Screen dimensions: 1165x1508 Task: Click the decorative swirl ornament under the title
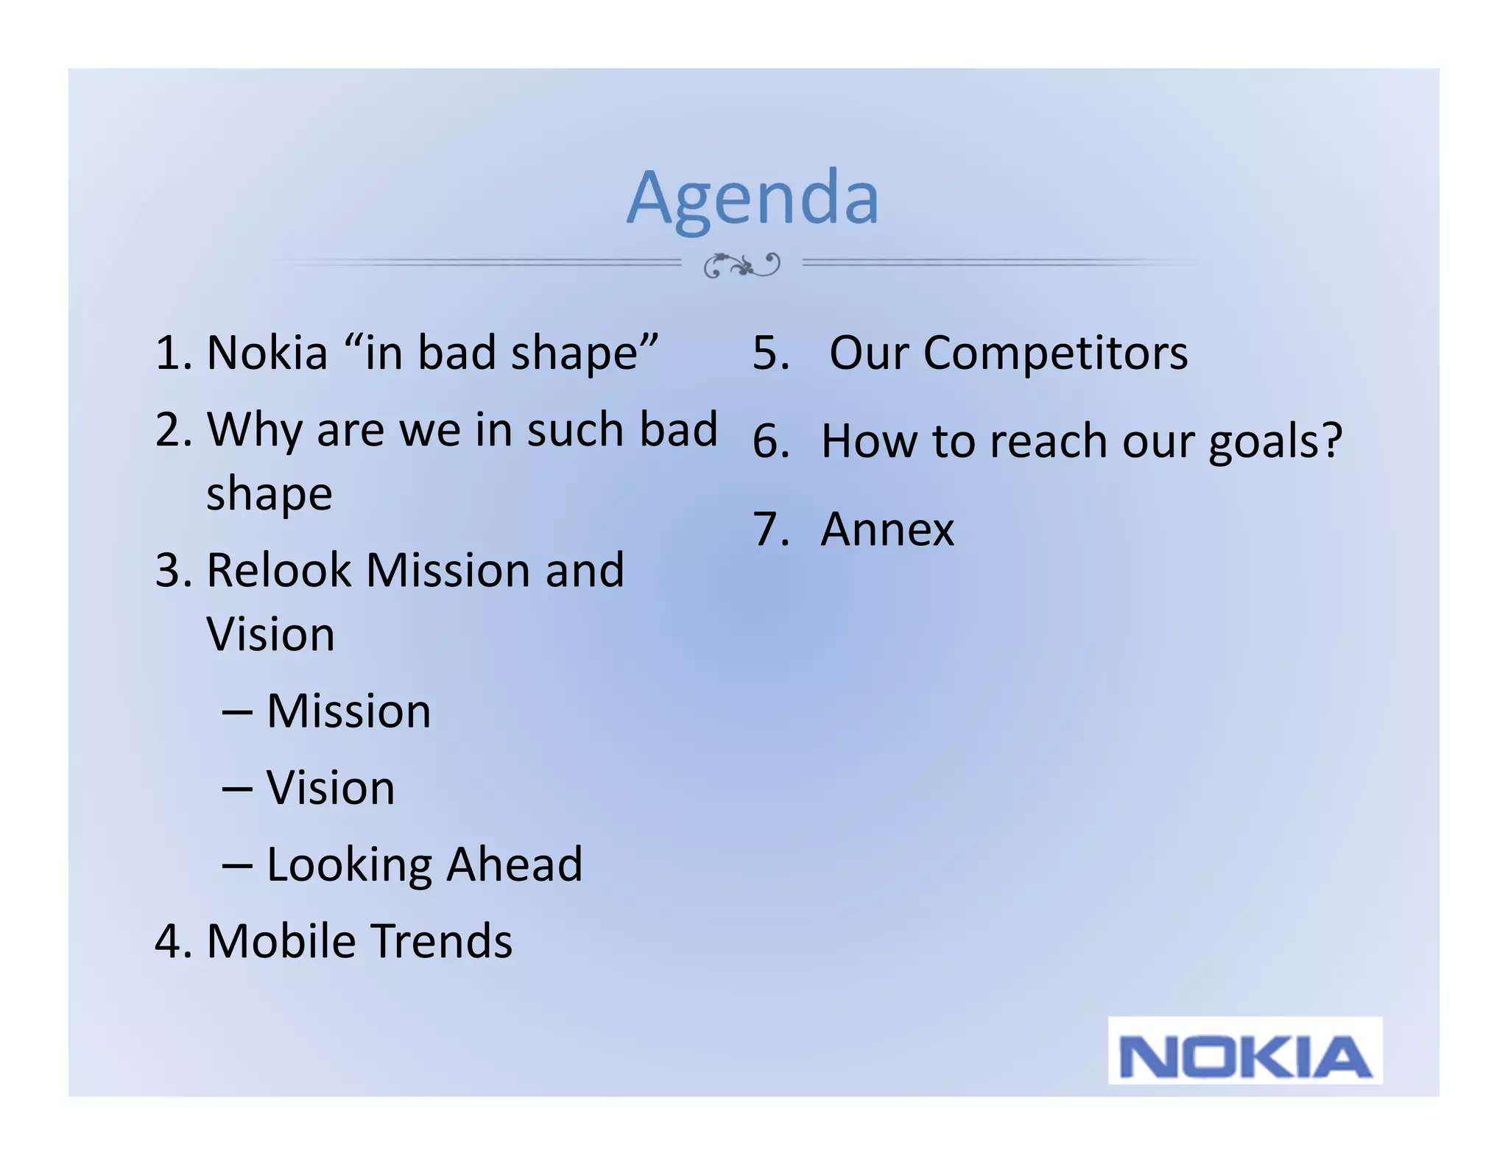click(741, 264)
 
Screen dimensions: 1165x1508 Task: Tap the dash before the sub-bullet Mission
click(237, 712)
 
